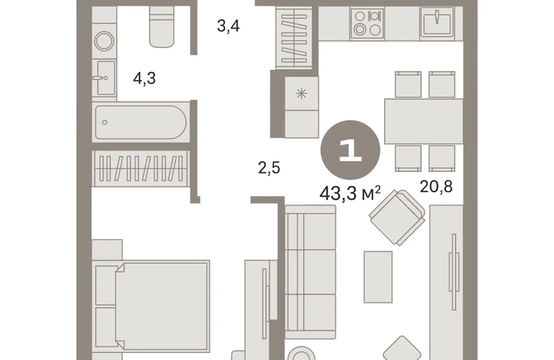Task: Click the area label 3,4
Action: pyautogui.click(x=228, y=26)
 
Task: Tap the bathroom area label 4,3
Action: pyautogui.click(x=144, y=78)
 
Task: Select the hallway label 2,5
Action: pyautogui.click(x=269, y=168)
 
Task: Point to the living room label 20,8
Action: pyautogui.click(x=436, y=186)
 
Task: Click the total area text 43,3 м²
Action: pyautogui.click(x=350, y=194)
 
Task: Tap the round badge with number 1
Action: pyautogui.click(x=350, y=150)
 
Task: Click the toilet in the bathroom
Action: pyautogui.click(x=162, y=27)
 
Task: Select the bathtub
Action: pyautogui.click(x=140, y=122)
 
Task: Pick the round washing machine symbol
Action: pyautogui.click(x=104, y=41)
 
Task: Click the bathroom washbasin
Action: pyautogui.click(x=106, y=78)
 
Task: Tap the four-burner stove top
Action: pyautogui.click(x=368, y=23)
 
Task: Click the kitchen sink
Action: pyautogui.click(x=437, y=22)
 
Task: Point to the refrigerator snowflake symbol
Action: pyautogui.click(x=301, y=94)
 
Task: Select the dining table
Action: pyautogui.click(x=424, y=121)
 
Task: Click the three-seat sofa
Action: pyautogui.click(x=310, y=272)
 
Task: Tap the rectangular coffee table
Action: pyautogui.click(x=378, y=277)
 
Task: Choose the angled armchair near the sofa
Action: pyautogui.click(x=397, y=217)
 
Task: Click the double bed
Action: pyautogui.click(x=153, y=306)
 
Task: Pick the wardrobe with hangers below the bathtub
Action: pyautogui.click(x=140, y=168)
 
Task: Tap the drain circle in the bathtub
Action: pyautogui.click(x=104, y=122)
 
